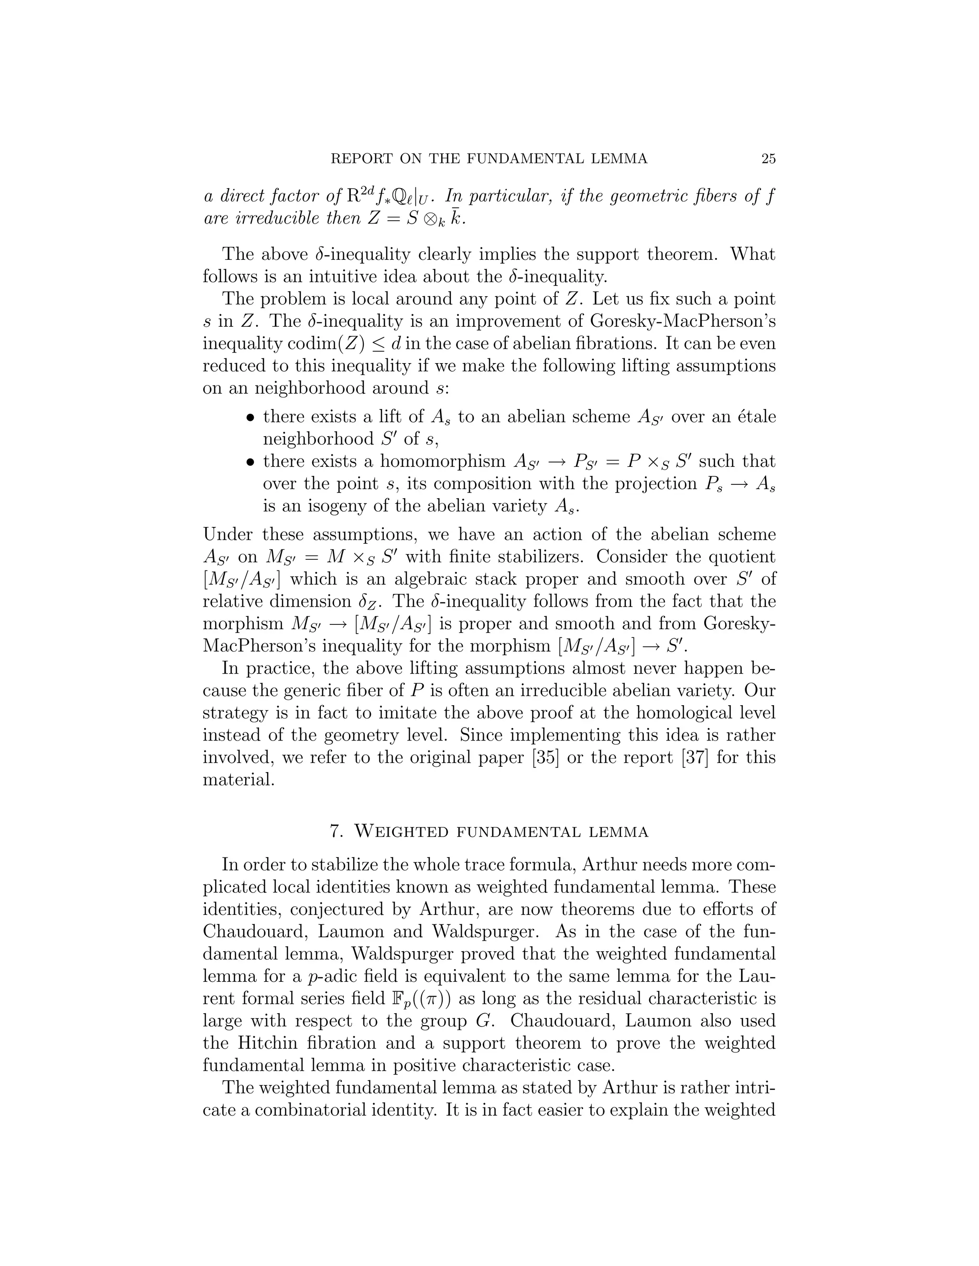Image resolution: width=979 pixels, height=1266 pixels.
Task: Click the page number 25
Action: (768, 159)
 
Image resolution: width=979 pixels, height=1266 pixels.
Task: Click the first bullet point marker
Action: (250, 418)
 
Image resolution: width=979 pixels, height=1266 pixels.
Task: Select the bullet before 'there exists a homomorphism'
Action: (250, 462)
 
